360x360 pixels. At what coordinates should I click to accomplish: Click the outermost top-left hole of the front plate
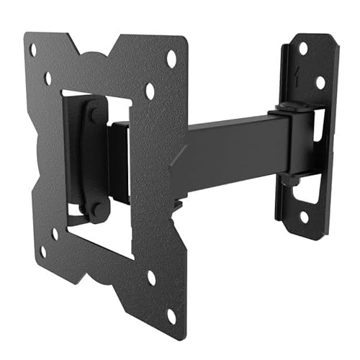(x=32, y=50)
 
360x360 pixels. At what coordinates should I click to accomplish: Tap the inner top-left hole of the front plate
(x=48, y=78)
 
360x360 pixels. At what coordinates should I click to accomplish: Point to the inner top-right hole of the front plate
(x=150, y=92)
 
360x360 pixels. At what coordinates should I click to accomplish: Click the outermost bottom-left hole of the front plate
(x=42, y=251)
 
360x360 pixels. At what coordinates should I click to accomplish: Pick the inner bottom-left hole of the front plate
(x=55, y=233)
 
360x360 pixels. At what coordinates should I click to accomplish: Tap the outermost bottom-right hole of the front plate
(x=171, y=314)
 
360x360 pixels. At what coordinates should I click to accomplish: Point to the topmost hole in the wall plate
(x=303, y=48)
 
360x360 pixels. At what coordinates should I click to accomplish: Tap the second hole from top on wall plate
(x=320, y=83)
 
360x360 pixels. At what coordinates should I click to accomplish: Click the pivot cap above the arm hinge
(x=285, y=108)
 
